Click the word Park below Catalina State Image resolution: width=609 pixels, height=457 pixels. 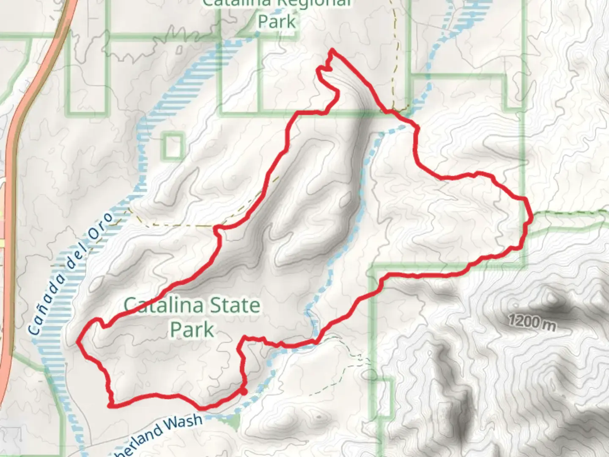(192, 330)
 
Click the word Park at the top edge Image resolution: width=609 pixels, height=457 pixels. (277, 21)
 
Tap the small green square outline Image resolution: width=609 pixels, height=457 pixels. (173, 146)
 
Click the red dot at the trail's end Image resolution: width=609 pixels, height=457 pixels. (244, 392)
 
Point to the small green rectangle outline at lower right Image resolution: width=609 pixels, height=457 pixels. (385, 400)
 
